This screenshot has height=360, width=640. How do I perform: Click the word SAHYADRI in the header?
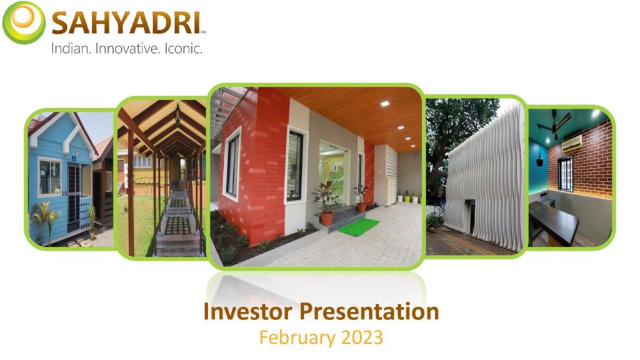[x=127, y=23]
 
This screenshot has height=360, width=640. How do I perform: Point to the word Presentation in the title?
[x=369, y=311]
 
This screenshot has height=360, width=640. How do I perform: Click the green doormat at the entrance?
[x=358, y=226]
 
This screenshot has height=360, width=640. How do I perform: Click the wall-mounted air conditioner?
[x=572, y=143]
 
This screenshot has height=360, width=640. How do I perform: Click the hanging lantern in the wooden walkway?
[x=177, y=114]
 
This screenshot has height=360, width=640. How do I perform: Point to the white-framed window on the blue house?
[x=50, y=177]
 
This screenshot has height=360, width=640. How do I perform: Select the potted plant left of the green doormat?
[x=326, y=204]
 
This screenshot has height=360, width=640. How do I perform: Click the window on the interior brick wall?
[x=565, y=174]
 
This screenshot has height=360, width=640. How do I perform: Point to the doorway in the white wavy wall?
[x=469, y=216]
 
